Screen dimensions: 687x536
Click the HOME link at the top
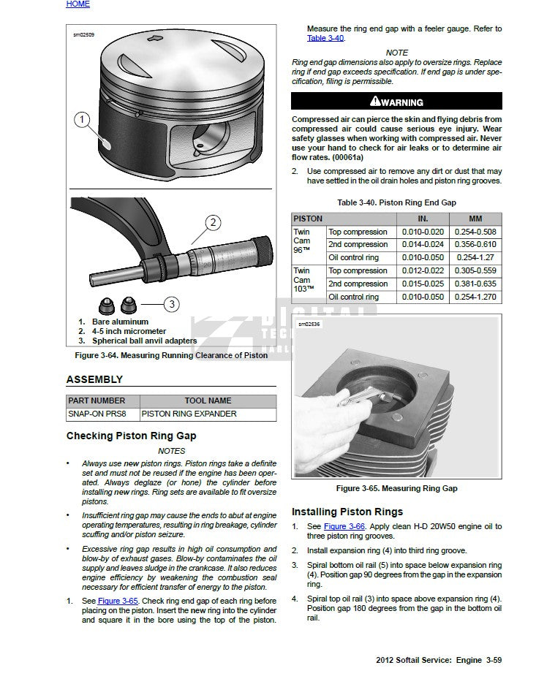coord(78,4)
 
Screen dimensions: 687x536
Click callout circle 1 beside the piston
coord(83,119)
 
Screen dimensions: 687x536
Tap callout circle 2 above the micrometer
coord(213,223)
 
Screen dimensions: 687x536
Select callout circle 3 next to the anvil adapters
coord(171,303)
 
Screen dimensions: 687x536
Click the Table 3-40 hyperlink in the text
coord(325,38)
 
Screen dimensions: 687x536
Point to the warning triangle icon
coord(374,102)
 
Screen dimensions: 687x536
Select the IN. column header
coord(423,219)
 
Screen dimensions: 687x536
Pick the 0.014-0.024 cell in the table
coord(423,245)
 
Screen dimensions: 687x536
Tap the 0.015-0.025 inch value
coord(423,284)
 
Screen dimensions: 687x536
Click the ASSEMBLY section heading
coord(94,379)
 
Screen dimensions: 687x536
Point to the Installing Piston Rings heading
coord(347,512)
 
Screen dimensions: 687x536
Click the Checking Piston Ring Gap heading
coord(131,436)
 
